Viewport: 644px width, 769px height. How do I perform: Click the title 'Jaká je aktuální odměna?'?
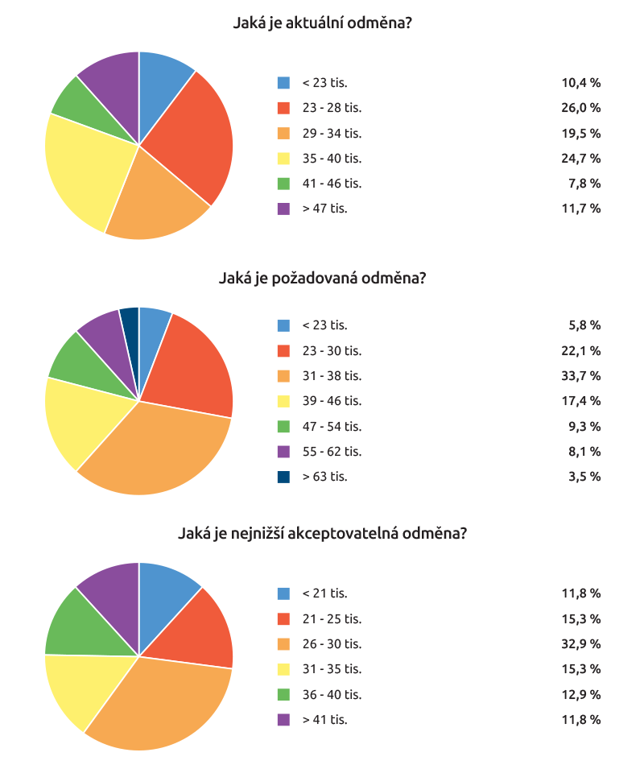coord(322,23)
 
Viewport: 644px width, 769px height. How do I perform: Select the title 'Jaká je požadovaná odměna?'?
coord(322,279)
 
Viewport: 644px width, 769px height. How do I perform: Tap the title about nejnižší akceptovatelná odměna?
coord(322,533)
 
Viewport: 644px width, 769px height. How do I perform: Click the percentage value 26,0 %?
coord(580,108)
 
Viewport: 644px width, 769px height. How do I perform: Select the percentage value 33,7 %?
coord(580,375)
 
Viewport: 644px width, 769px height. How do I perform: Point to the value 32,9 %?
coord(580,643)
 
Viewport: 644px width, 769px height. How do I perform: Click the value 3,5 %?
coord(584,476)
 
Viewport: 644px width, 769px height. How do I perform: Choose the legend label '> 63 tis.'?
coord(324,476)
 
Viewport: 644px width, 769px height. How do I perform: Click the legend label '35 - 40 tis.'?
coord(332,158)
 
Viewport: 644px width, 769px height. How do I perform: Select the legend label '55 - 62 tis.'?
coord(332,451)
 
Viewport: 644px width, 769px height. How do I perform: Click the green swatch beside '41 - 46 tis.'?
coord(283,183)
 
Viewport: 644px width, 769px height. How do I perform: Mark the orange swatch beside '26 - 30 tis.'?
coord(283,643)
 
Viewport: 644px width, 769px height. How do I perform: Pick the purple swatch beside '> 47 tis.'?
coord(283,209)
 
